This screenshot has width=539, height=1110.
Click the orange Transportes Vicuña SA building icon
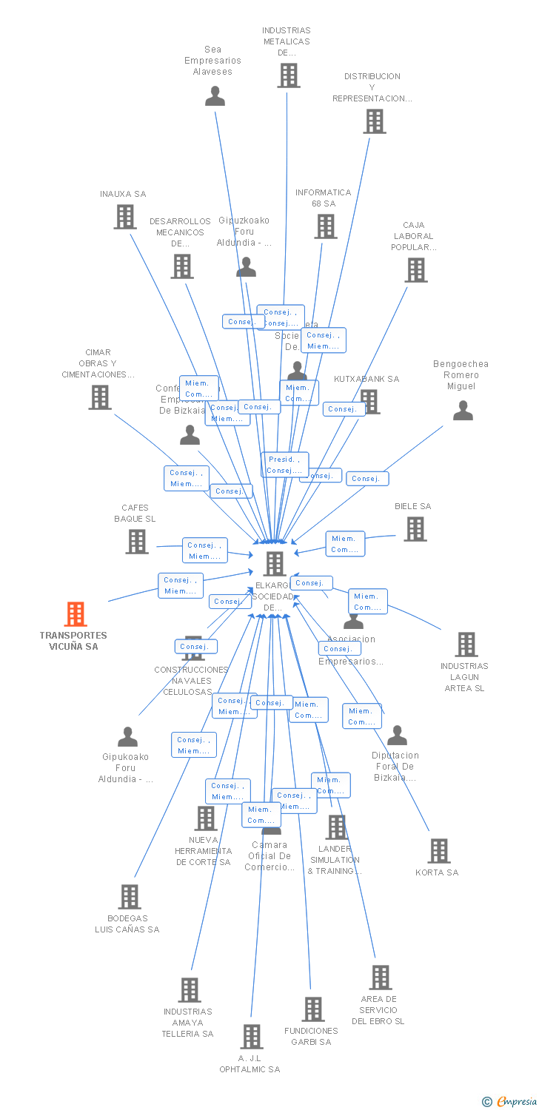76,614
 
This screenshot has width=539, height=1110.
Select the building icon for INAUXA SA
125,217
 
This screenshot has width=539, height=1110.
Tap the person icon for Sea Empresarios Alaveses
215,96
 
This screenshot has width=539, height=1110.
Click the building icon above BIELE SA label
415,528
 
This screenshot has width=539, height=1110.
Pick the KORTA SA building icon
439,851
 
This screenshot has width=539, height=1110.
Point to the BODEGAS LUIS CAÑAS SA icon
130,897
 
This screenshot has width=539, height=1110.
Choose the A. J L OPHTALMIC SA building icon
252,1036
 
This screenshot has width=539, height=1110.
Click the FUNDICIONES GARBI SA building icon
313,1009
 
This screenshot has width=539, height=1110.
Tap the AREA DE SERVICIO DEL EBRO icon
381,978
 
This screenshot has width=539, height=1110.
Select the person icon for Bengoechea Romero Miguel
463,410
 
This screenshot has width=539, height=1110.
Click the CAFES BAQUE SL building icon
137,542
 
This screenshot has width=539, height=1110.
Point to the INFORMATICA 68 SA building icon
326,226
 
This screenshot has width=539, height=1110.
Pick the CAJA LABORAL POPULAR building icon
416,270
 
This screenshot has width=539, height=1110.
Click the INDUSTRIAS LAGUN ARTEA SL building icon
466,645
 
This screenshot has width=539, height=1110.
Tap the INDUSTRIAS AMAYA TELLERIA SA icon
190,990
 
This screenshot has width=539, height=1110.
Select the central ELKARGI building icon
275,564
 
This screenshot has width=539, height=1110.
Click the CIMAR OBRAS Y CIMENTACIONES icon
100,397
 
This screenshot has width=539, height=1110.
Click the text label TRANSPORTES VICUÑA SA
73,641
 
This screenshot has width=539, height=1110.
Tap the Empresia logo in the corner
510,1102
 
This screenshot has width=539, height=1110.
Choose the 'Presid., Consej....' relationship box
285,465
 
